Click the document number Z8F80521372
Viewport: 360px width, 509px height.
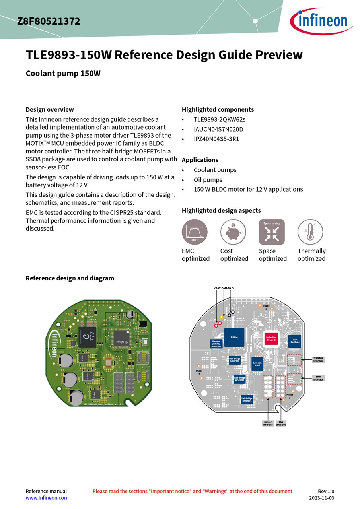(x=49, y=21)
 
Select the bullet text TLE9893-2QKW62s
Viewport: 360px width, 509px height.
(x=219, y=119)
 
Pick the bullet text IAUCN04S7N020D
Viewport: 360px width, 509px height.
(x=218, y=129)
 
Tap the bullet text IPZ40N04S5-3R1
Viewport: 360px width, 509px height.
(x=216, y=139)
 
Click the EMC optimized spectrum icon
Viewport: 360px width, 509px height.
(x=195, y=232)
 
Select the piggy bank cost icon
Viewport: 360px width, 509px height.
(x=233, y=232)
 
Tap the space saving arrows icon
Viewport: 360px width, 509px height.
(x=272, y=232)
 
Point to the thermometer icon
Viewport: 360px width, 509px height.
(x=310, y=232)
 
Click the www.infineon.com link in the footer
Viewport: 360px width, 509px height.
(x=47, y=498)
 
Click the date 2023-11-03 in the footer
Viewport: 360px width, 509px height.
(x=321, y=498)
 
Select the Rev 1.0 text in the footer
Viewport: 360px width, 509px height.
(x=326, y=491)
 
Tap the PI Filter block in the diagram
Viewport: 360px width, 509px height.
(x=234, y=337)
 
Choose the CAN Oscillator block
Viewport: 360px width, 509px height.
(x=295, y=341)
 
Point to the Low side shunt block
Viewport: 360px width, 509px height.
(x=257, y=364)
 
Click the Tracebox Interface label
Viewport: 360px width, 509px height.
(x=318, y=359)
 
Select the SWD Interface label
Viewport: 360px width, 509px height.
(x=318, y=378)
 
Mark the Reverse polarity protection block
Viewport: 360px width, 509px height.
(x=216, y=344)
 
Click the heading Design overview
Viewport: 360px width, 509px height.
(x=50, y=109)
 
